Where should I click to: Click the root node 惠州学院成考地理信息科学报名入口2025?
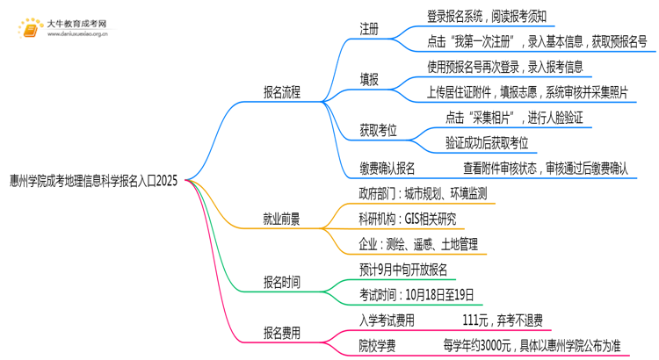point(93,181)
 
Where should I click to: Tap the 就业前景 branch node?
point(281,220)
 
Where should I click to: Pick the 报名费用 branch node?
point(281,333)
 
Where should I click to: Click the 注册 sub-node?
point(369,29)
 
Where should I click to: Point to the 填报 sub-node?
point(369,80)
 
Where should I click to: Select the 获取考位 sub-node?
point(378,130)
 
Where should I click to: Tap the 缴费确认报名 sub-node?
point(387,168)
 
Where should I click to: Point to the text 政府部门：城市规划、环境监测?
point(423,194)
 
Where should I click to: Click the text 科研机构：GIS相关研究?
point(407,219)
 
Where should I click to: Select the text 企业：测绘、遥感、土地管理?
point(417,243)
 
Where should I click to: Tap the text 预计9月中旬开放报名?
point(403,270)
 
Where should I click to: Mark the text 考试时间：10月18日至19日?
point(416,294)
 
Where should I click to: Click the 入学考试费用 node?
point(387,320)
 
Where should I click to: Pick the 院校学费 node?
point(376,345)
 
